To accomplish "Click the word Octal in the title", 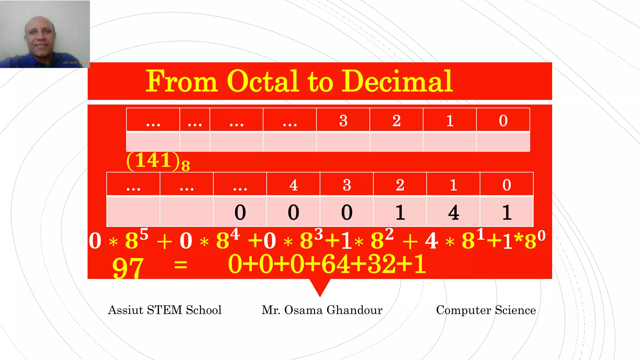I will coord(262,81).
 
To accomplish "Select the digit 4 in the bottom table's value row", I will coord(453,212).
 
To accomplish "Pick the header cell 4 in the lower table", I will coord(293,185).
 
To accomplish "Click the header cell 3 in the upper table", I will coord(343,121).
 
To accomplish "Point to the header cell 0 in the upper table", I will coord(503,121).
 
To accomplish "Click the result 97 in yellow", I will coord(128,267).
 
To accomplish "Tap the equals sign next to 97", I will coord(181,265).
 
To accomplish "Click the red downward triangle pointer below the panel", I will coord(320,286).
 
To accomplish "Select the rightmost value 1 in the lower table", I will coord(507,212).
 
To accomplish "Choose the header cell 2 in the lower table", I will coord(400,185).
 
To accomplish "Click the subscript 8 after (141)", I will coord(186,166).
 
